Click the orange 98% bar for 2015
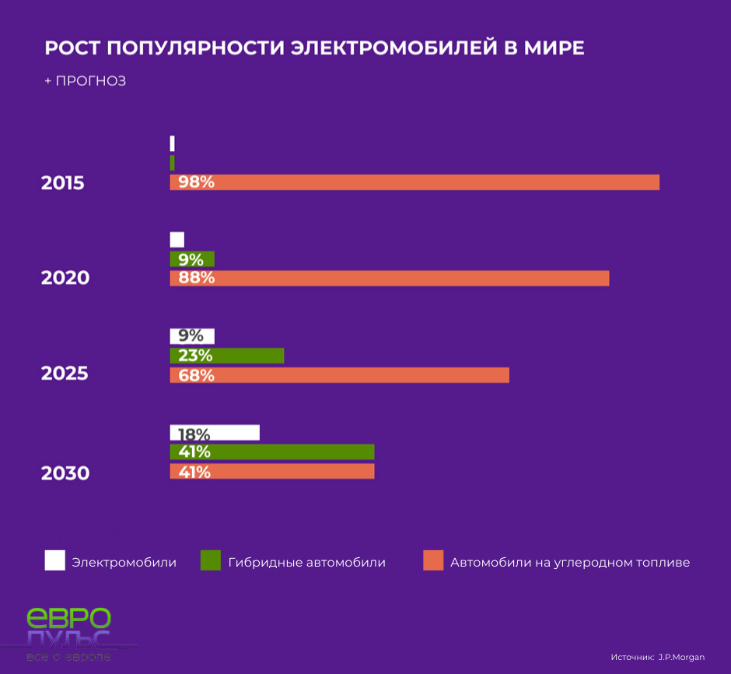coord(414,182)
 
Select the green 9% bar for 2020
coord(192,259)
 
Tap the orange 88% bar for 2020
coord(389,278)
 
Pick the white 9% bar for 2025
coord(192,336)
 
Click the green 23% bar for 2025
coord(227,356)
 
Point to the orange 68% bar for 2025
coord(339,375)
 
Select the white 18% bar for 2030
coord(215,433)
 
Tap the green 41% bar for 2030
coord(272,452)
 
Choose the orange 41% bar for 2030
coord(272,472)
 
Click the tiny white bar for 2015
coord(172,143)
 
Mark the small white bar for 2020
coord(177,240)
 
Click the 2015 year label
coord(62,184)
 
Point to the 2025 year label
coord(65,374)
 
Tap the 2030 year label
coord(65,473)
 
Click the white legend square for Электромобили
coord(55,560)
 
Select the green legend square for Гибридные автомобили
coord(211,560)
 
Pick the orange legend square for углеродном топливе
coord(433,560)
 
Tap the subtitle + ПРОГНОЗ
coord(85,81)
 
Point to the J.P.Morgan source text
coord(681,658)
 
